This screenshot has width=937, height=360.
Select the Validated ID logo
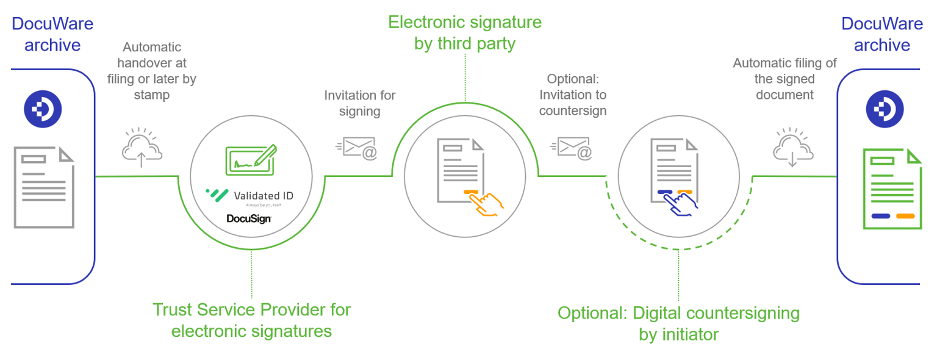tap(250, 195)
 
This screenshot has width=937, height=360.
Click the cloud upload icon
tap(142, 147)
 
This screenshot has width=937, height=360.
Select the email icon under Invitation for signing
tap(358, 146)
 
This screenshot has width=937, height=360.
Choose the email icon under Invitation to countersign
tap(572, 146)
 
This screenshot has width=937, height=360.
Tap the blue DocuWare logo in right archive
tap(885, 109)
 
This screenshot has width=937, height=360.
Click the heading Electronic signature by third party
tap(465, 33)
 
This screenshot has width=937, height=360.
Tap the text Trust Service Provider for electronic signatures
tap(251, 320)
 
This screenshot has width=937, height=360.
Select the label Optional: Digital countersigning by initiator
tap(678, 323)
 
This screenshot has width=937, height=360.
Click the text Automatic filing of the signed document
tap(784, 79)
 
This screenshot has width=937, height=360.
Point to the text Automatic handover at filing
tap(151, 63)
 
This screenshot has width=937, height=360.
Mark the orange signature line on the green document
tap(905, 215)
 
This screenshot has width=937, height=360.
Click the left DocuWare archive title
tap(52, 34)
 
